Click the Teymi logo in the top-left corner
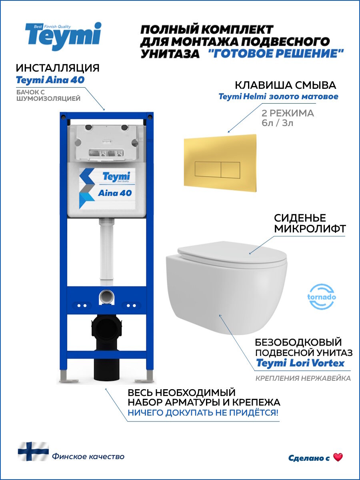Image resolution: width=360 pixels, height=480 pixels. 64,36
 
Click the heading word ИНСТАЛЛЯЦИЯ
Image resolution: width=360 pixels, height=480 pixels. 58,67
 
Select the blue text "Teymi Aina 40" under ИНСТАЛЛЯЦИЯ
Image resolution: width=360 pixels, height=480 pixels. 50,80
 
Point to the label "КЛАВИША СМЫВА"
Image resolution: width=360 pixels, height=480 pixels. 285,85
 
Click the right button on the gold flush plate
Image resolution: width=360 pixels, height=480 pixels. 230,170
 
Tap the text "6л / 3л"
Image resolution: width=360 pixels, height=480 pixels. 277,123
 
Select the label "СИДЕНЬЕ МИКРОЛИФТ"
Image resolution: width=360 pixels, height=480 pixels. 300,223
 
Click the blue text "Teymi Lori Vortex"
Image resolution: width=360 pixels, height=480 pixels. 300,363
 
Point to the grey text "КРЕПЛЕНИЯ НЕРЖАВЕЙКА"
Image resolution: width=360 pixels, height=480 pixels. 303,378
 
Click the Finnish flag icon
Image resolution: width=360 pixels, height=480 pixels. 33,452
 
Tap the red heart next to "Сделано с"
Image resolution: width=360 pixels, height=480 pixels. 338,458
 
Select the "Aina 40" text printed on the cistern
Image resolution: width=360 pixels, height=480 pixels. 115,193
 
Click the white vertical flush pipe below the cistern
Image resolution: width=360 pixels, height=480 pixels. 105,252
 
